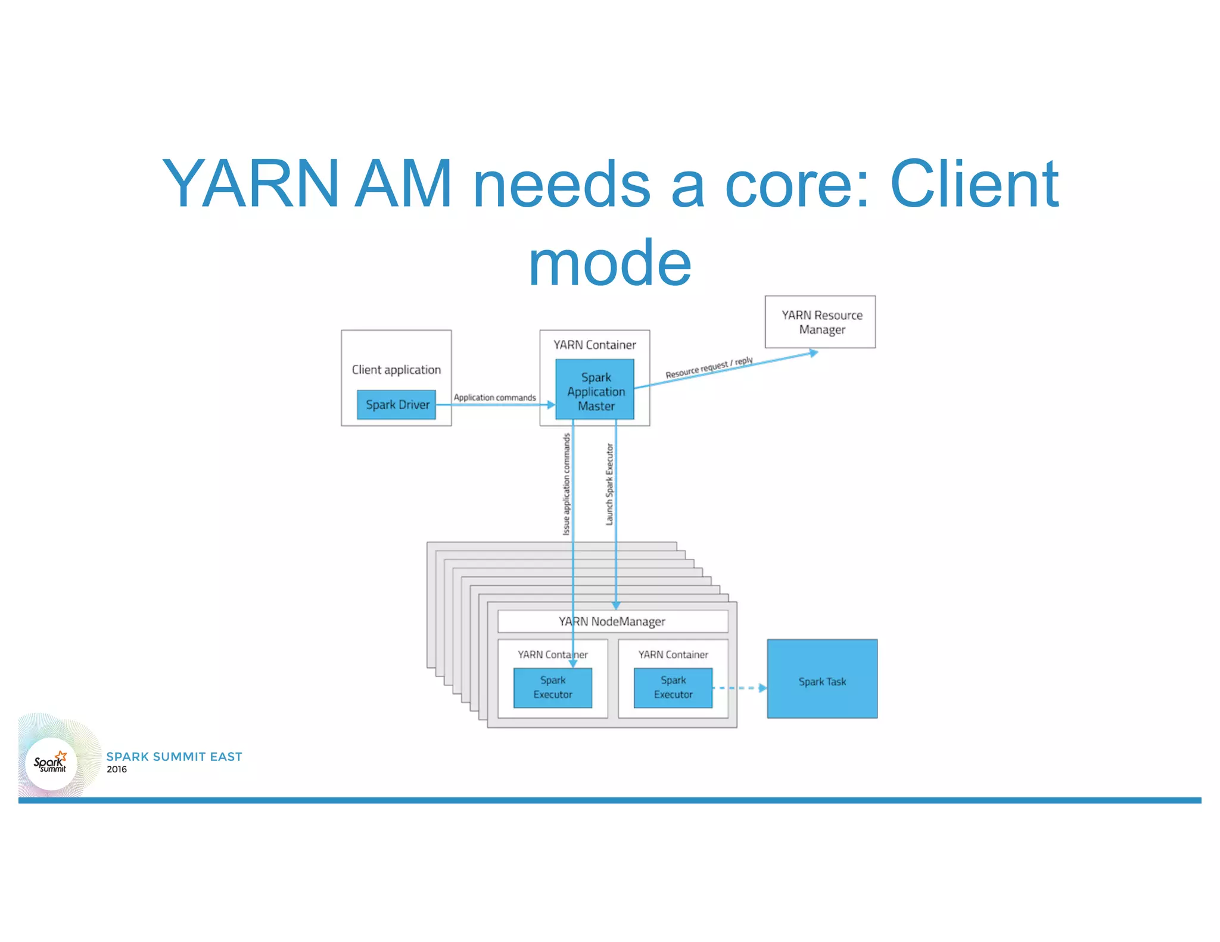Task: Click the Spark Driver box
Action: pyautogui.click(x=396, y=405)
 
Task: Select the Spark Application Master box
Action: pyautogui.click(x=595, y=390)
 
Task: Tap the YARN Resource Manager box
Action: pyautogui.click(x=820, y=322)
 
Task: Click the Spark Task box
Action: pyautogui.click(x=822, y=679)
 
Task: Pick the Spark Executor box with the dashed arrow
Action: pyautogui.click(x=673, y=688)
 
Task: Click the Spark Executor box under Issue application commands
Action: pyautogui.click(x=552, y=688)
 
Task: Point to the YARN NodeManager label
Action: pyautogui.click(x=612, y=622)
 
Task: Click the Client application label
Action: pyautogui.click(x=396, y=370)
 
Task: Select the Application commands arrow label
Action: pyautogui.click(x=494, y=397)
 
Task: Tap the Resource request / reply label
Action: pyautogui.click(x=709, y=368)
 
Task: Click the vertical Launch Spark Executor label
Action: pyautogui.click(x=609, y=484)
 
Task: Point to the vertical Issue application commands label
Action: pyautogui.click(x=567, y=484)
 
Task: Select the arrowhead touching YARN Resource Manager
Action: pyautogui.click(x=814, y=353)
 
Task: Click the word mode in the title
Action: pyautogui.click(x=609, y=263)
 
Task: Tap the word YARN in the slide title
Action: pyautogui.click(x=250, y=184)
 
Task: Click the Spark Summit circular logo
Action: pyautogui.click(x=51, y=763)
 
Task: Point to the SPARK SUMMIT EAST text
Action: pyautogui.click(x=174, y=756)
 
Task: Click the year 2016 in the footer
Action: pyautogui.click(x=117, y=769)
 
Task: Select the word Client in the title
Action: pyautogui.click(x=975, y=184)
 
